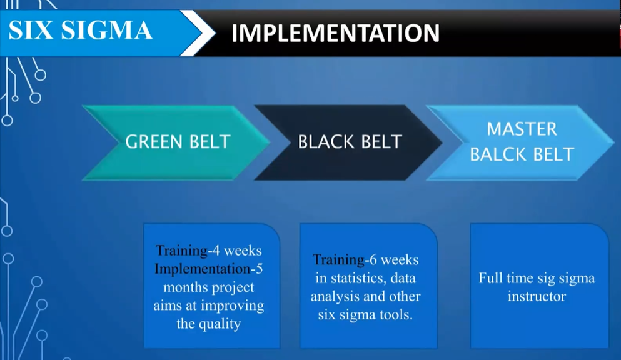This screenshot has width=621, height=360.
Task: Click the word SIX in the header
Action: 31,31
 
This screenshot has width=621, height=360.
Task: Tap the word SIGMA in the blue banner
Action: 106,31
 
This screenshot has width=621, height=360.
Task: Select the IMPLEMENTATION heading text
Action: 335,33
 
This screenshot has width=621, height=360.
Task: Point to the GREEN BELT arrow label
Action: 178,142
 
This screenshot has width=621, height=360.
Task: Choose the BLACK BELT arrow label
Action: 350,142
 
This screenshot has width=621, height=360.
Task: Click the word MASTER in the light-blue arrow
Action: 522,129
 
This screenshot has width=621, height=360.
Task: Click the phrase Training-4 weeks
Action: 209,251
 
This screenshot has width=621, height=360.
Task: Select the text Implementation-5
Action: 209,269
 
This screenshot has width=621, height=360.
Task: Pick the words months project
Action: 209,287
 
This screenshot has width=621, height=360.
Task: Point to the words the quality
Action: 209,324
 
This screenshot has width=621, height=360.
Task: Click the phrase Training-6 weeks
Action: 365,260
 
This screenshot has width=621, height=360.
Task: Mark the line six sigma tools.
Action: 365,315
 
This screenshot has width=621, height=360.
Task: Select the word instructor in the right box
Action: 537,296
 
